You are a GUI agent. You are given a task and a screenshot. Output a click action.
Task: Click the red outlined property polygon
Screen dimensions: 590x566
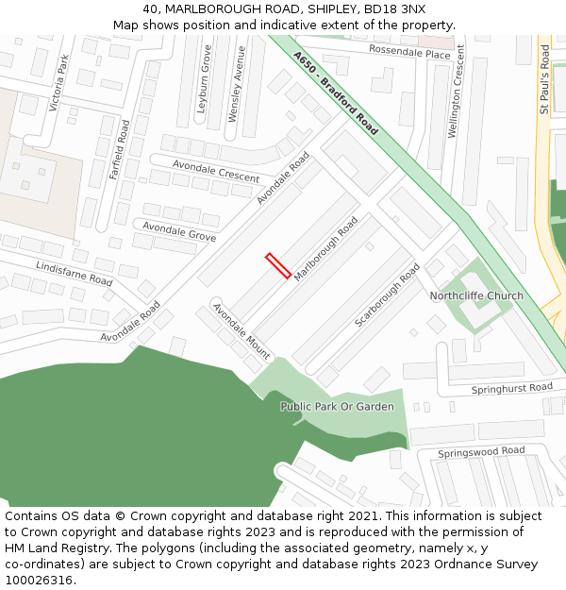point(277,265)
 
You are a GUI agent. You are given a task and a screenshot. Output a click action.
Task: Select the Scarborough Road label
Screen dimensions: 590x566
point(387,295)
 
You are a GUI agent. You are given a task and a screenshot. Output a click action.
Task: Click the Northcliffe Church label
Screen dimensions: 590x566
point(476,296)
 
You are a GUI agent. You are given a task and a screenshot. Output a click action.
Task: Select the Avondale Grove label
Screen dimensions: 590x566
point(178,230)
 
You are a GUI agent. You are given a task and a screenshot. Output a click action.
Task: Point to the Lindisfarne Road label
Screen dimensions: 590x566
point(74,275)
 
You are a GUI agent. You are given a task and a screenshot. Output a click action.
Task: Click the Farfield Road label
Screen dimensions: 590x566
point(118,149)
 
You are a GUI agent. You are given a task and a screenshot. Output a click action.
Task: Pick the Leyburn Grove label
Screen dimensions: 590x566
point(204,79)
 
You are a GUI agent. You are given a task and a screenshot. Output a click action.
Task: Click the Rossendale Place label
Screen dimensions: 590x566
point(409,53)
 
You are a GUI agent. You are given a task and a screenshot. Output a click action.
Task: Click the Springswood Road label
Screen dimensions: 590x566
point(481,452)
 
